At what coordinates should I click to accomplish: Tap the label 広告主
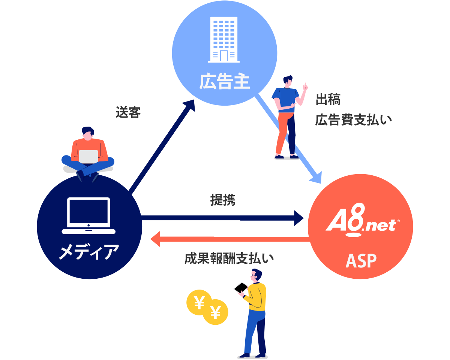224,82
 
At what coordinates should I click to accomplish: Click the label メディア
89,251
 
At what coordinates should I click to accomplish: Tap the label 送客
128,112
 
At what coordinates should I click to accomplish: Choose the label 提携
223,200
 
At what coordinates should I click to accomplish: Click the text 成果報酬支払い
229,258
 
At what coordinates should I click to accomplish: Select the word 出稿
328,100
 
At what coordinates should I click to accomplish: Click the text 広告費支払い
353,120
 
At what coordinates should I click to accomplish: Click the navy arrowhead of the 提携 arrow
299,218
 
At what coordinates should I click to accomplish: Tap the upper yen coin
199,301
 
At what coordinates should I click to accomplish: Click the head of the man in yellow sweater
256,275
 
